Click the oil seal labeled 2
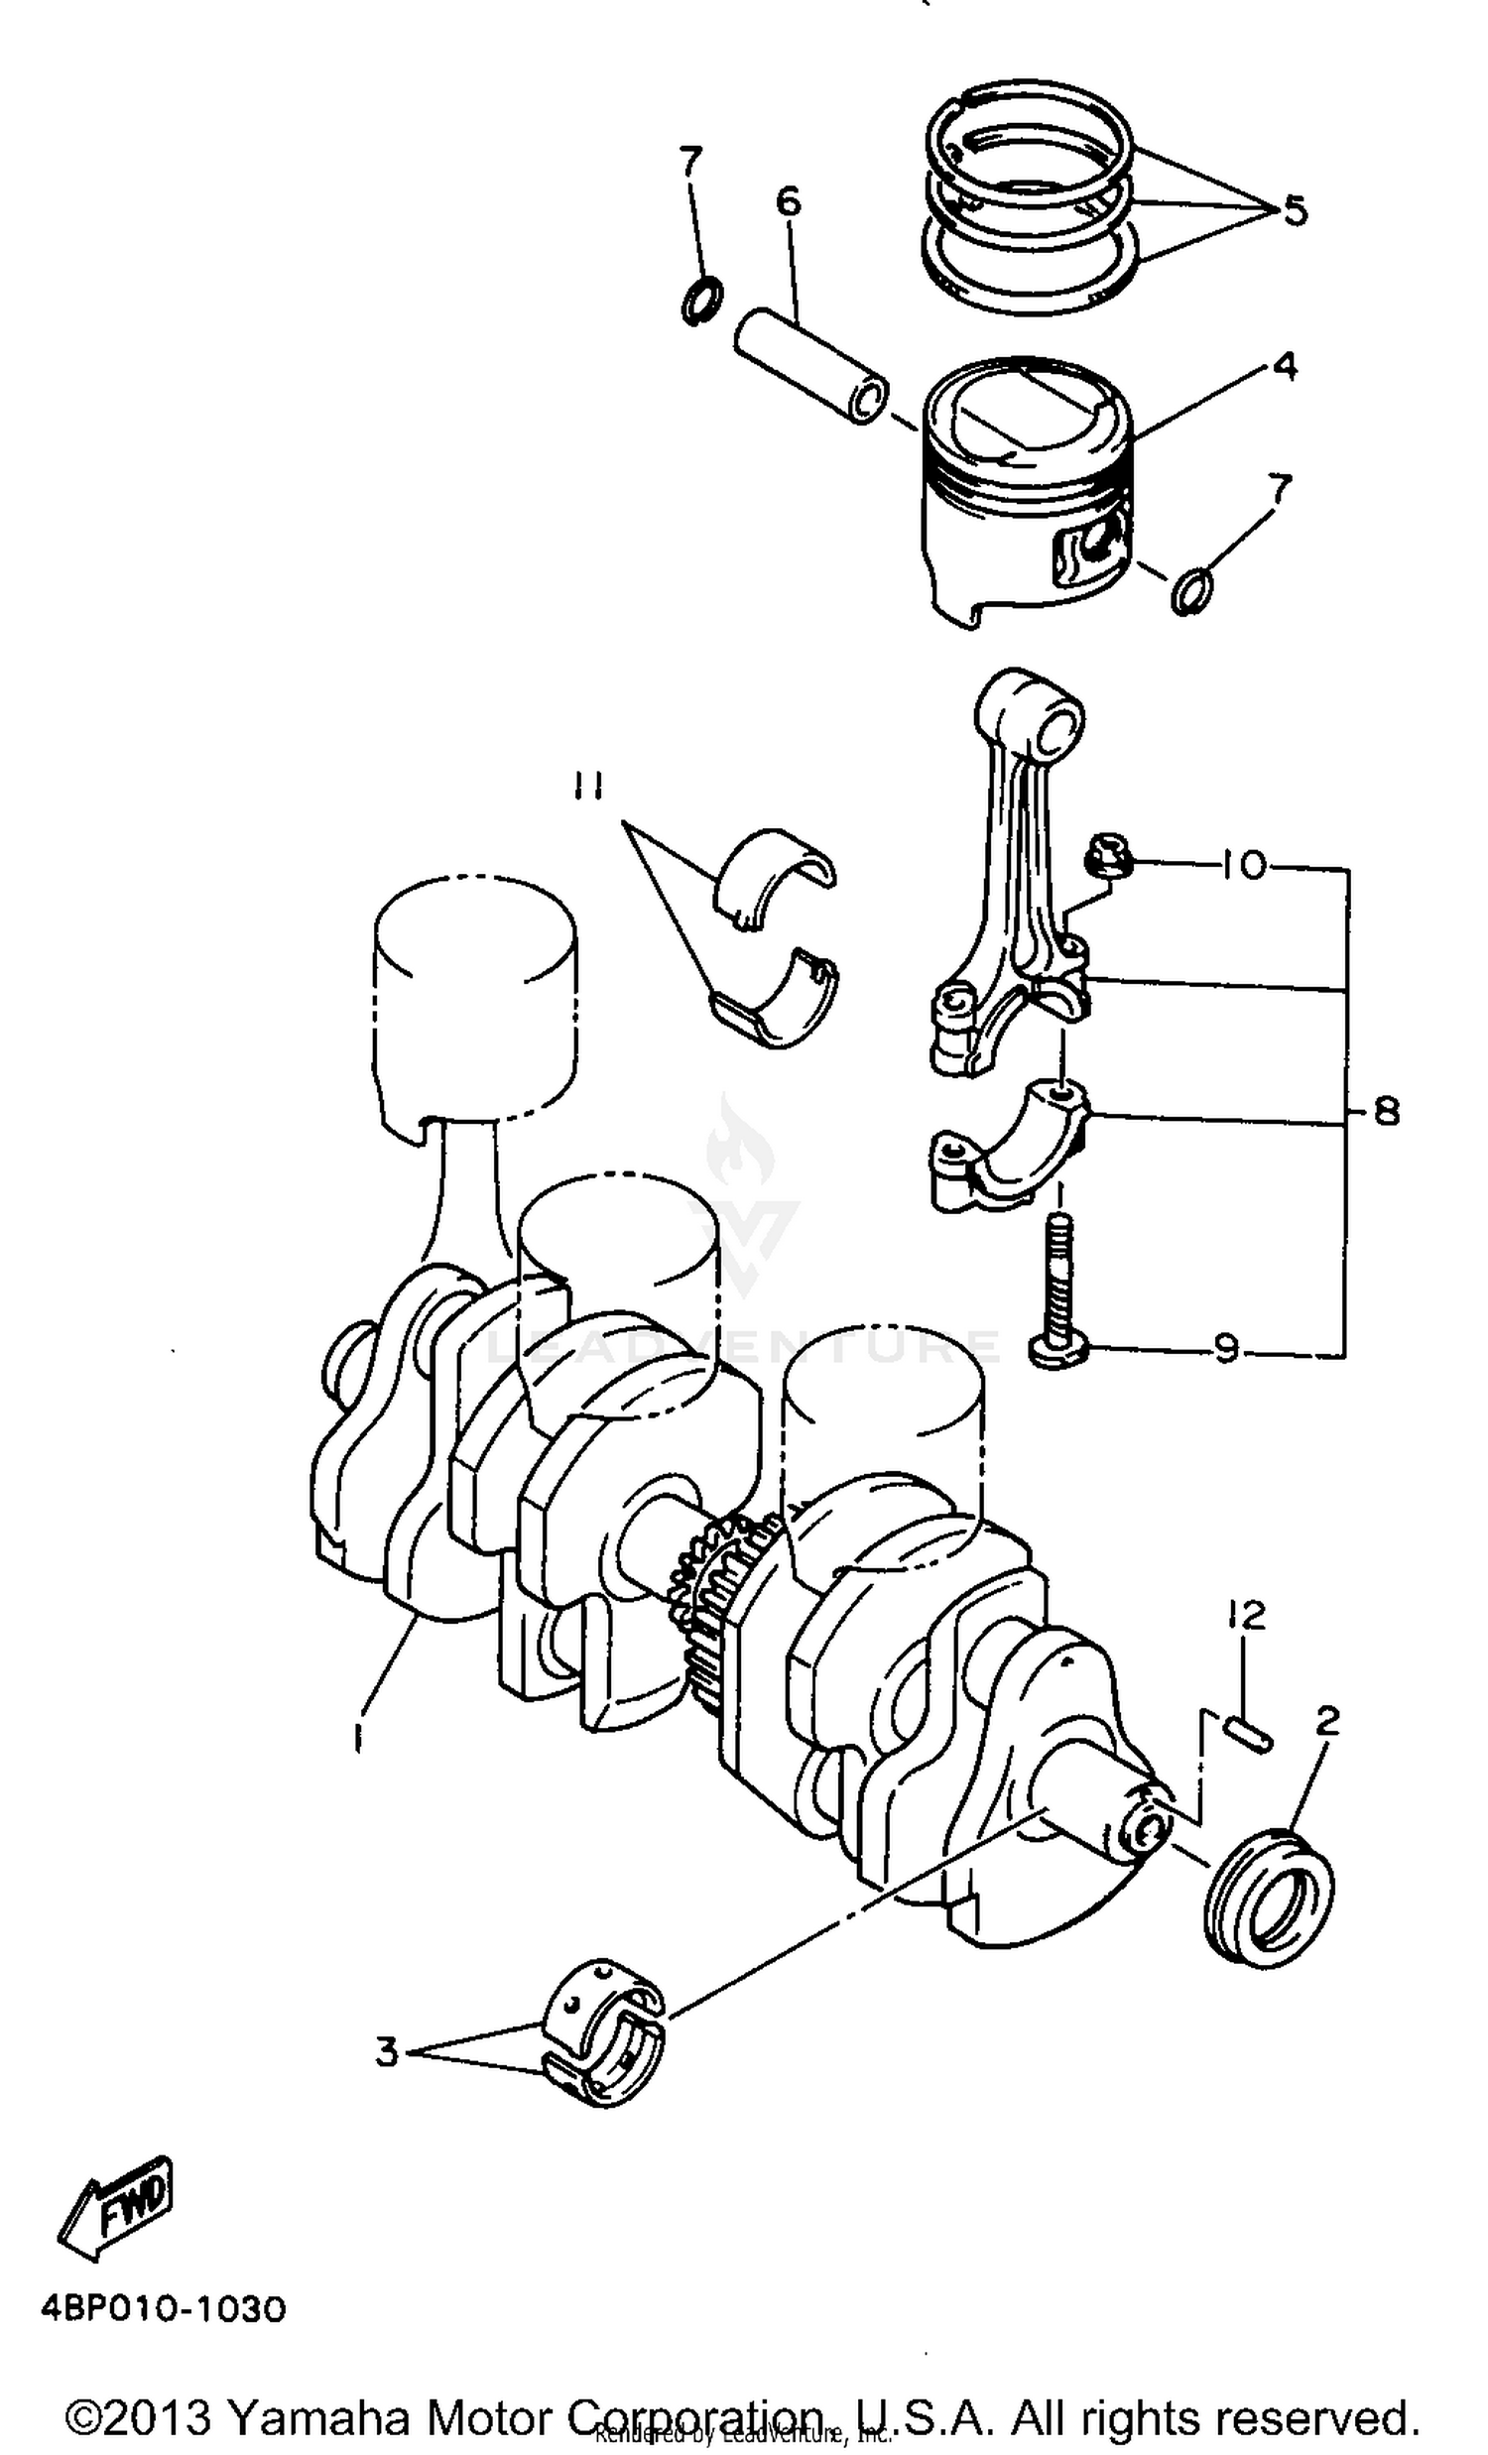[1268, 1900]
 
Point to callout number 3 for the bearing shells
[387, 2051]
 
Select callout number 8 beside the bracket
[1387, 1111]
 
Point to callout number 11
[588, 789]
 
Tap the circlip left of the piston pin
[702, 300]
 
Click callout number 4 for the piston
[1286, 367]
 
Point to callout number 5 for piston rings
[1294, 210]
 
